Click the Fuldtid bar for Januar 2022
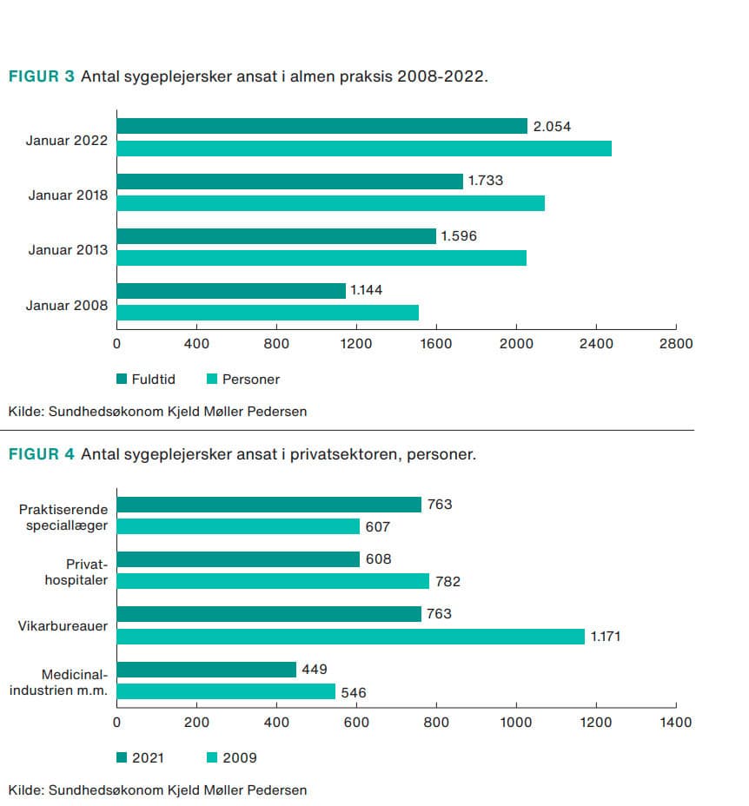pos(321,126)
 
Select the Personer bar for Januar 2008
pos(268,313)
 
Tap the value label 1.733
pos(486,181)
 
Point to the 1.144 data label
pos(366,290)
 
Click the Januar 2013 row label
pos(68,250)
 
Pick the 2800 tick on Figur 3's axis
pos(676,343)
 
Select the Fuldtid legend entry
pos(147,379)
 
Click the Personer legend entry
pos(243,379)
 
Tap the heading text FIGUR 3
pos(42,76)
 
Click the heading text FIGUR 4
pos(42,454)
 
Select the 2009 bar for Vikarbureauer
pos(350,637)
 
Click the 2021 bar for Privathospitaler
pos(238,558)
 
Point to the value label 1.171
pos(606,637)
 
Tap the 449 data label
pos(315,669)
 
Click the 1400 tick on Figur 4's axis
pos(676,722)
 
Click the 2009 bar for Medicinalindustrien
pos(226,691)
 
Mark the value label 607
pos(378,526)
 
